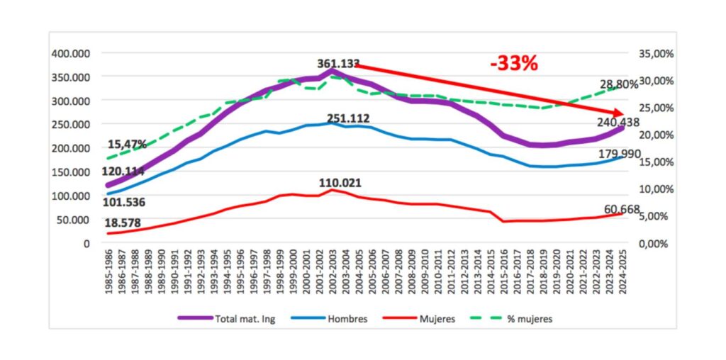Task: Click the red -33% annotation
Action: [x=514, y=63]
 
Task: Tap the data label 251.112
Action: [x=348, y=118]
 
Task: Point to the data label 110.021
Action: [x=340, y=183]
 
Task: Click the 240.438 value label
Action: [x=617, y=121]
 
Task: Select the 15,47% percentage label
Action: [x=127, y=144]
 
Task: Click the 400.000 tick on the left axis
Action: [x=70, y=53]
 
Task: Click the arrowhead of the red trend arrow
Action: [x=619, y=113]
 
